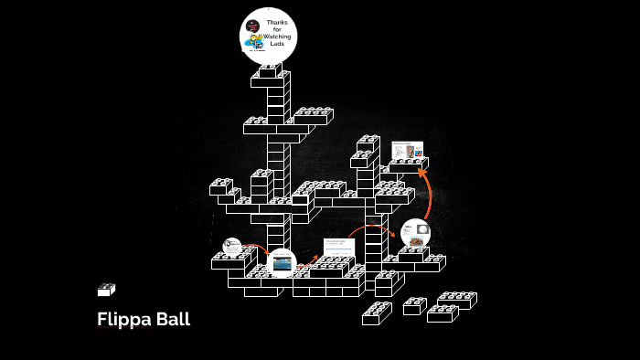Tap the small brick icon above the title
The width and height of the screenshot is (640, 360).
tap(106, 290)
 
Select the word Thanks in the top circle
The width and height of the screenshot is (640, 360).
tap(277, 22)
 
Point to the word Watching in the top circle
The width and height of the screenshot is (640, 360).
tap(277, 37)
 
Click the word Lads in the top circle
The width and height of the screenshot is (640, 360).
tap(277, 44)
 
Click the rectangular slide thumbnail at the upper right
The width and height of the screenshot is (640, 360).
tap(408, 151)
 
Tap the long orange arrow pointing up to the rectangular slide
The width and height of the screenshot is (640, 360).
tap(426, 192)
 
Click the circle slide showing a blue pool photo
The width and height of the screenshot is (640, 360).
tap(282, 262)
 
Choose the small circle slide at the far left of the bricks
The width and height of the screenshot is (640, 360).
tap(232, 247)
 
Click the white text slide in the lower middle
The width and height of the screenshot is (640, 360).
tap(338, 247)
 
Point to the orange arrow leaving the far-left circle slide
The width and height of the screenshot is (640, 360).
tap(253, 247)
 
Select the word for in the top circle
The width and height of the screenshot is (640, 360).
tap(277, 29)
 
